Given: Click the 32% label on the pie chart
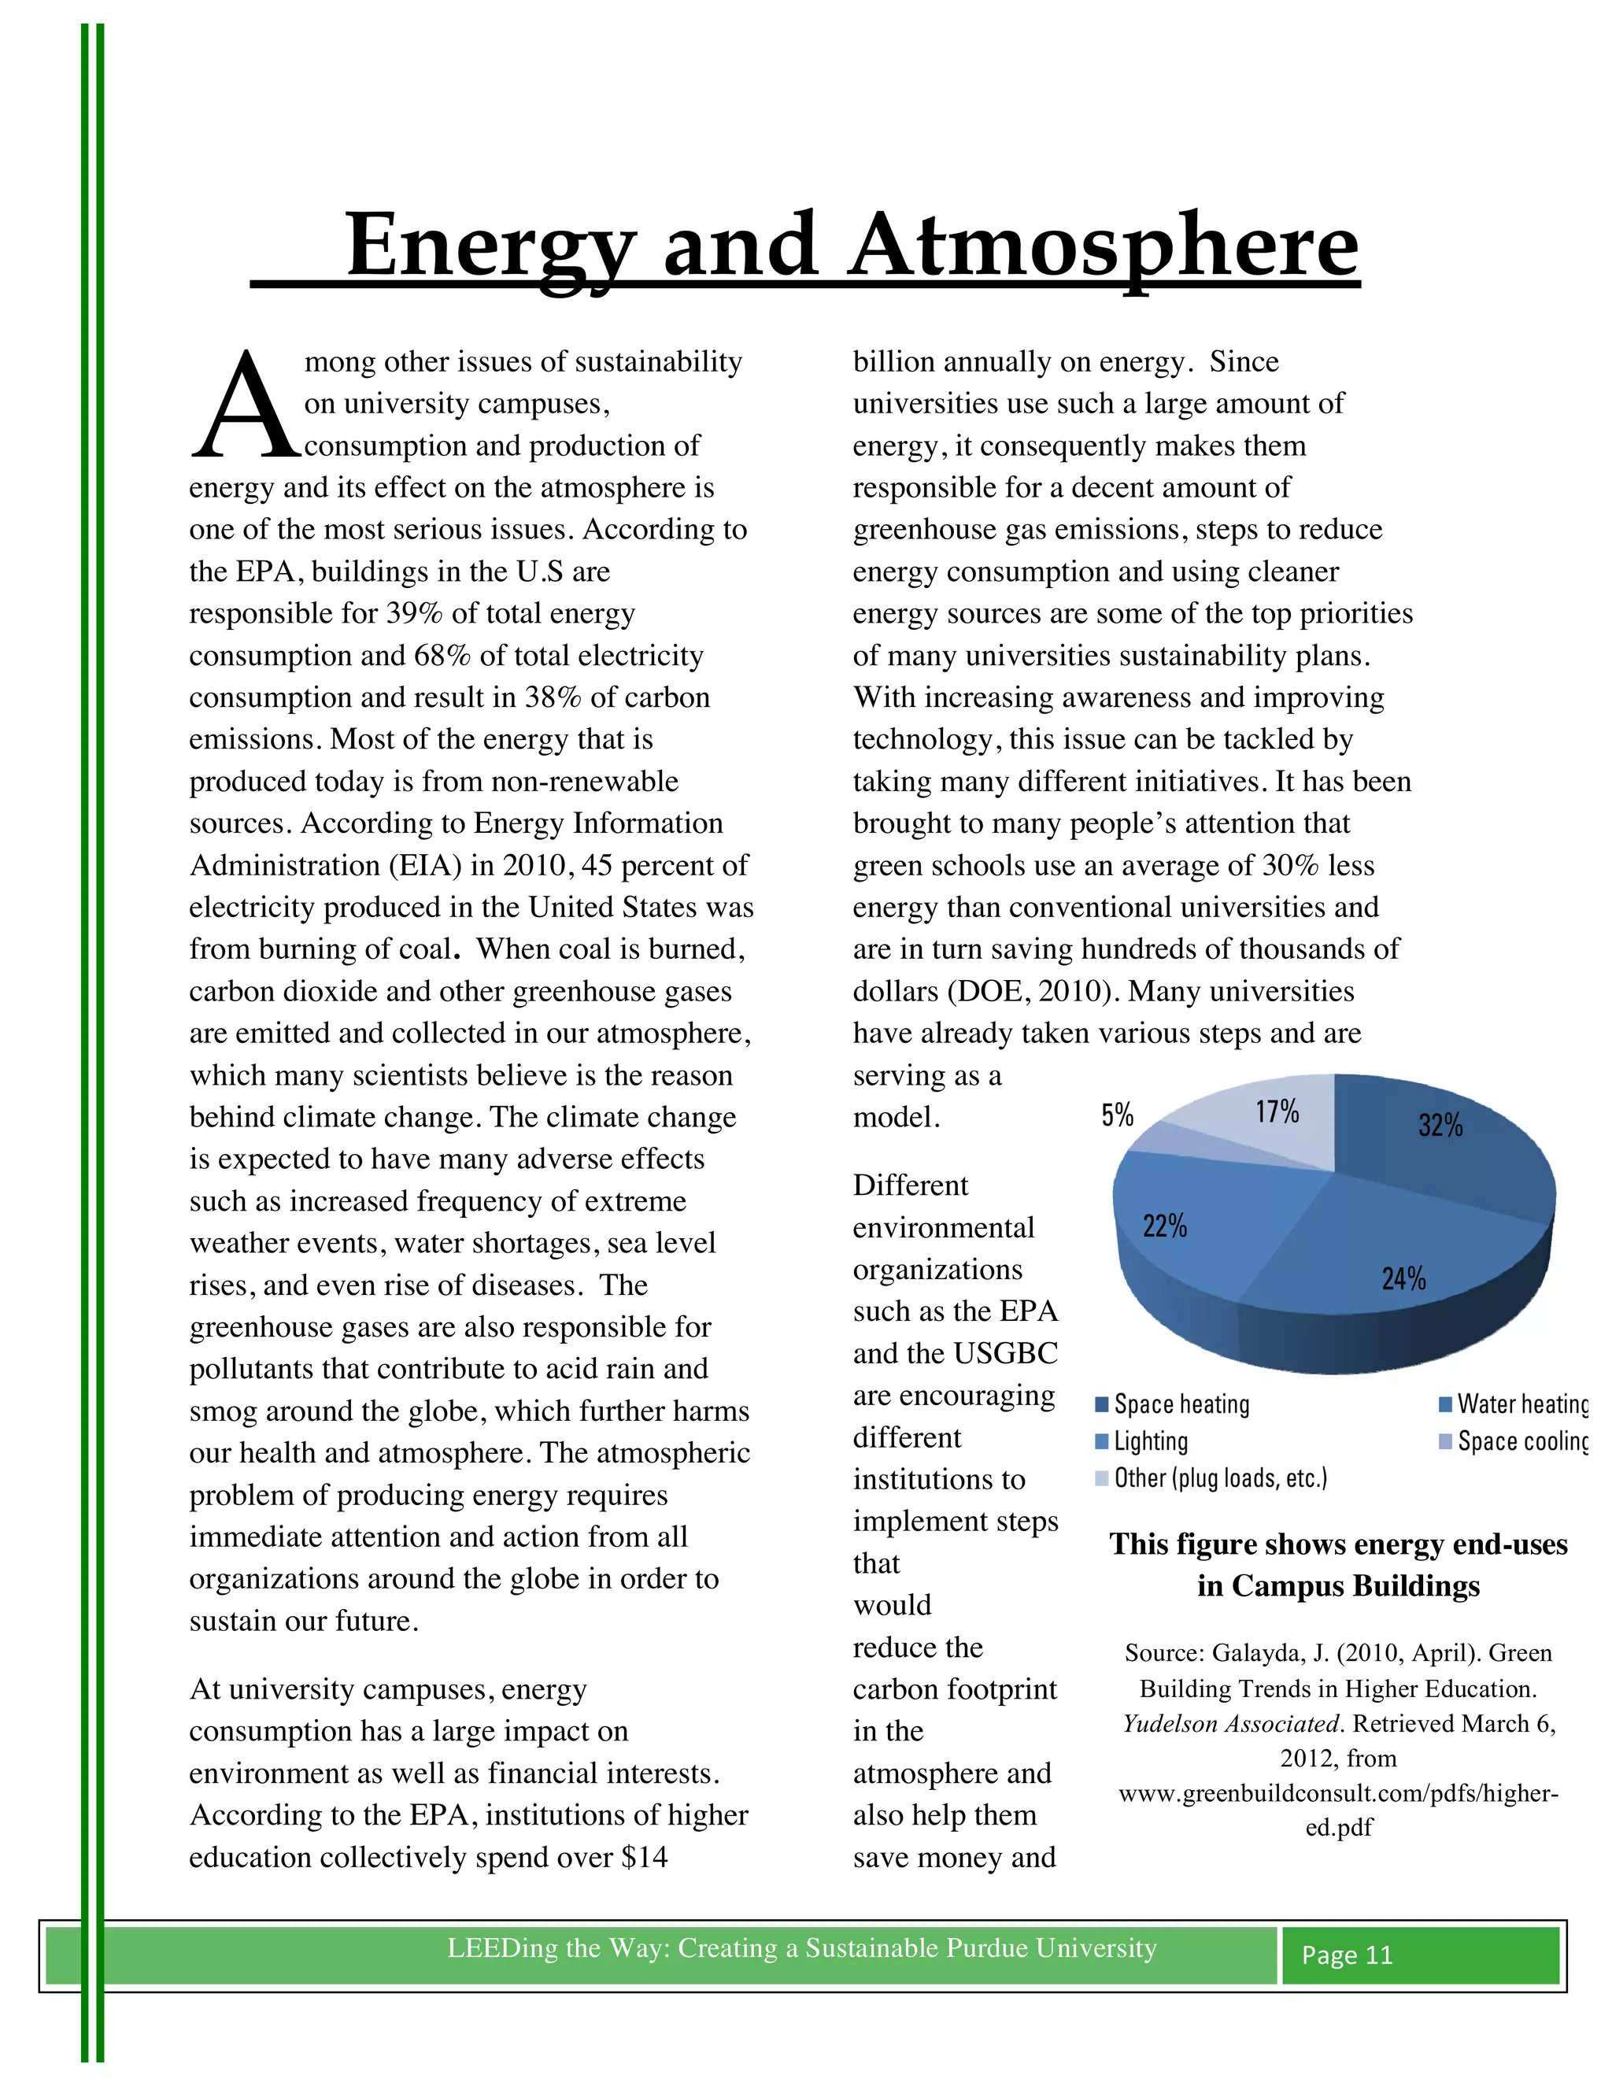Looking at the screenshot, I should tap(1440, 1125).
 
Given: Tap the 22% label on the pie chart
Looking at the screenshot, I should tap(1164, 1226).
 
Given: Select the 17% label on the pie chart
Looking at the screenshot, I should tap(1277, 1111).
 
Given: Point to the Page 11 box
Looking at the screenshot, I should tap(1419, 1955).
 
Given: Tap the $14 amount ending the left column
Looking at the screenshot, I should tap(644, 1858).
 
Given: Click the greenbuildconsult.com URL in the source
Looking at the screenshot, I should tap(1338, 1794).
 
